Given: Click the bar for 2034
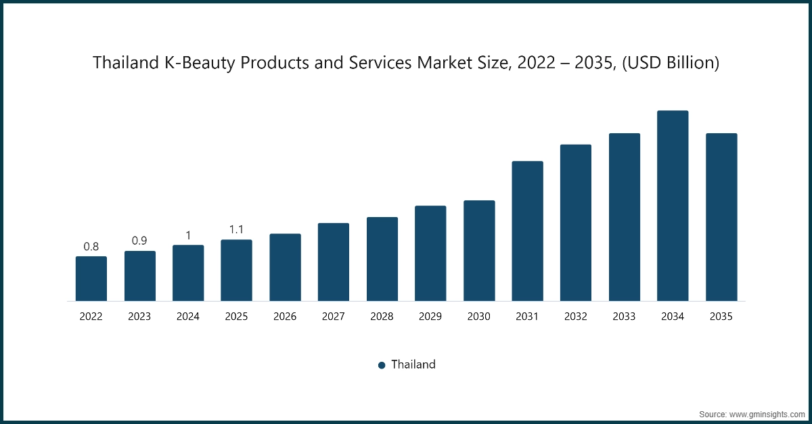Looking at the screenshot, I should point(673,206).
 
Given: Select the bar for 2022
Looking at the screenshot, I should point(91,279).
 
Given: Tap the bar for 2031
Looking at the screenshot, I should point(527,231).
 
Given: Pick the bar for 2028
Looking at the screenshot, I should point(382,259).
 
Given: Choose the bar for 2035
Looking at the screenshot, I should point(721,217).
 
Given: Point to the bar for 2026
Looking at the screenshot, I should point(285,267).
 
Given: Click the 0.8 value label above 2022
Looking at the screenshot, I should point(91,247).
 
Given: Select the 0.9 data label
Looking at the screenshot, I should point(140,241).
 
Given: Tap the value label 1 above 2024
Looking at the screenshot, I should point(188,235).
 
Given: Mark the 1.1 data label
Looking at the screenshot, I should point(237,230).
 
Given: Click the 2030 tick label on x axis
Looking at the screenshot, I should point(479,316).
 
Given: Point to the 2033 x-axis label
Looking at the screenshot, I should point(625,316).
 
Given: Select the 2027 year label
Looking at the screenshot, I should point(334,316).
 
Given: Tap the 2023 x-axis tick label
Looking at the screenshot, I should point(140,316).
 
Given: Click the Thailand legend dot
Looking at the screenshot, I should point(382,365).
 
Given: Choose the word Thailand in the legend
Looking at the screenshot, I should point(413,364).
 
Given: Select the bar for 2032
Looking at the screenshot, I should point(576,222).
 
